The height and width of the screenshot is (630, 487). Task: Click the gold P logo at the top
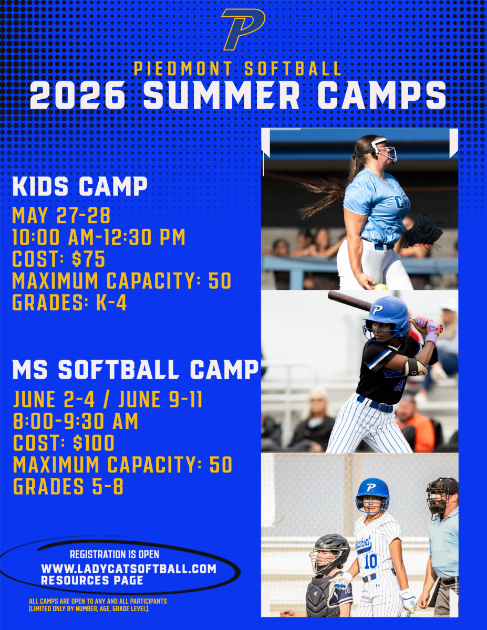click(x=243, y=29)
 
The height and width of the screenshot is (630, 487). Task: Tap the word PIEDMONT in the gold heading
click(x=183, y=69)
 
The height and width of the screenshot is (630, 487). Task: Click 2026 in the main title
click(x=78, y=95)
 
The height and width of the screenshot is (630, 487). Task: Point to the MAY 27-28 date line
click(x=61, y=215)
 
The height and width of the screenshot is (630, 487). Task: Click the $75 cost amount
click(x=88, y=259)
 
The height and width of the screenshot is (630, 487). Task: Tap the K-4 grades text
click(x=111, y=303)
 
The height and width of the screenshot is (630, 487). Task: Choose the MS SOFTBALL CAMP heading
click(x=136, y=370)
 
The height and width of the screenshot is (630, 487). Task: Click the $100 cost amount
click(x=94, y=443)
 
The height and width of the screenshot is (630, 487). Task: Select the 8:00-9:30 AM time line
click(x=76, y=421)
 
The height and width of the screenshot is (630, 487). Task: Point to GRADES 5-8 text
click(x=68, y=487)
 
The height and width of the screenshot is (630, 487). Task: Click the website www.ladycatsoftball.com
click(x=129, y=569)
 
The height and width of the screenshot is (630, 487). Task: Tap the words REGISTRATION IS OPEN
click(x=115, y=554)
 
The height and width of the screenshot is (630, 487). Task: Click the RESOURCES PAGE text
click(x=92, y=580)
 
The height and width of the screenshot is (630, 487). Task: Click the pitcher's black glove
click(x=423, y=232)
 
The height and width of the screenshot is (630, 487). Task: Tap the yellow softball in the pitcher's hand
click(x=380, y=287)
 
